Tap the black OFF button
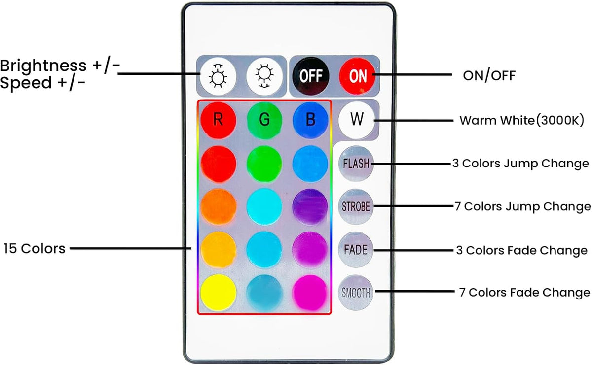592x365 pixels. coord(311,76)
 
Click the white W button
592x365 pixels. coord(357,120)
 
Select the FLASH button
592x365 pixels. coord(356,164)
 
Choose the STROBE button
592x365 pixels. coord(356,207)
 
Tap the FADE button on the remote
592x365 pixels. coord(356,250)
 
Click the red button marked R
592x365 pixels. coord(218,120)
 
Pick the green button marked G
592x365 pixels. coord(264,120)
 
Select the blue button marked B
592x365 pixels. coord(310,120)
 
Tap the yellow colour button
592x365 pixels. coord(218,293)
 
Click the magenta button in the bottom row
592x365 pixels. coord(310,293)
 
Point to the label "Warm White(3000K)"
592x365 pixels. coord(522,120)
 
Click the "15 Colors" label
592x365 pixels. coord(35,249)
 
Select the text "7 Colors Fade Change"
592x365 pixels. coord(524,292)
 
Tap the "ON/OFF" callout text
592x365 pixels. coord(489,75)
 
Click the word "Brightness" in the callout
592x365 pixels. coord(43,66)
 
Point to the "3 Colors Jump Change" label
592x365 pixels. coord(520,164)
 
